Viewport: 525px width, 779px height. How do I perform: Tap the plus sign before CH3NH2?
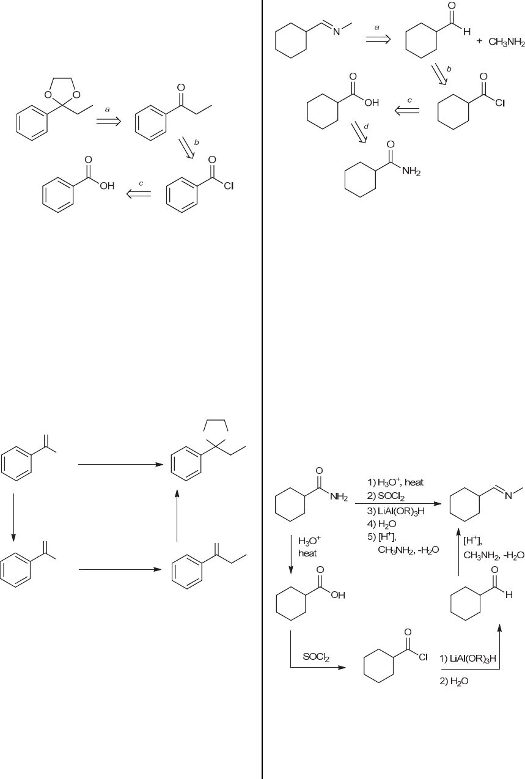pos(479,42)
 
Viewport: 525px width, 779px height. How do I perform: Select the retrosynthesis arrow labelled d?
pos(358,133)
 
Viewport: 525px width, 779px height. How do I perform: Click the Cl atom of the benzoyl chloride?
pos(229,186)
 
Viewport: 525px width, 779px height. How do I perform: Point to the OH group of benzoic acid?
pos(108,186)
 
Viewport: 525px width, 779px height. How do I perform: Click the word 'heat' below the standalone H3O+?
pos(307,553)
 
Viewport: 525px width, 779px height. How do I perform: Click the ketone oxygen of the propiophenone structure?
pos(180,88)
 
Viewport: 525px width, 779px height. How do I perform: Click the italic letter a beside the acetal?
pos(108,108)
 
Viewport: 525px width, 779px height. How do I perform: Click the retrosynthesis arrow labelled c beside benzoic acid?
pos(139,193)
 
